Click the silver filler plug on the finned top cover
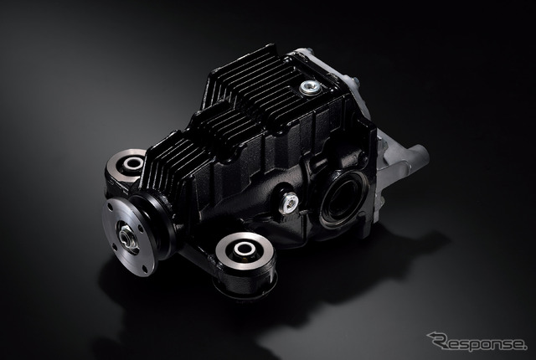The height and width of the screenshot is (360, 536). click(311, 88)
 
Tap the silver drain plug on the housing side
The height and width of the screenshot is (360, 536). click(288, 203)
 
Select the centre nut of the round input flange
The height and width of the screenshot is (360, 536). click(127, 236)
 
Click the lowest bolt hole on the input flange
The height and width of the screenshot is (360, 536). click(145, 267)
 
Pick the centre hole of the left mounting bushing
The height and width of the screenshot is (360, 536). click(132, 163)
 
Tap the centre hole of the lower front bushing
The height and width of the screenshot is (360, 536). click(245, 249)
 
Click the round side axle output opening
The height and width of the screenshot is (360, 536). click(343, 198)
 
